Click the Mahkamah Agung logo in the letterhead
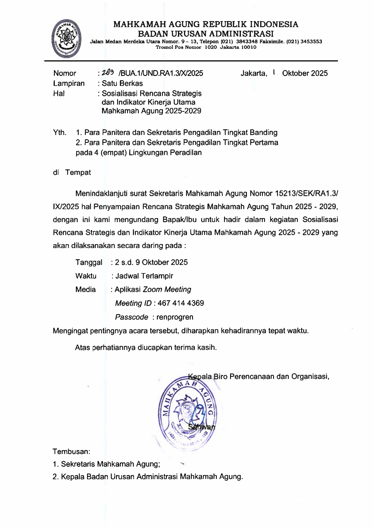point(66,39)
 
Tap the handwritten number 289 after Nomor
point(108,73)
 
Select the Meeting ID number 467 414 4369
point(181,303)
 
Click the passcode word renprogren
point(175,317)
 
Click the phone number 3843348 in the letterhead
point(247,42)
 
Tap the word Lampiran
point(69,83)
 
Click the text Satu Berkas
point(122,83)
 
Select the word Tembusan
point(71,452)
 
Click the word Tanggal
point(89,262)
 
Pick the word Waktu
point(86,276)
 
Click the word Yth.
point(60,132)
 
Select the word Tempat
point(78,172)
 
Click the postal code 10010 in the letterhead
point(249,47)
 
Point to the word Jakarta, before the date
point(254,73)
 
